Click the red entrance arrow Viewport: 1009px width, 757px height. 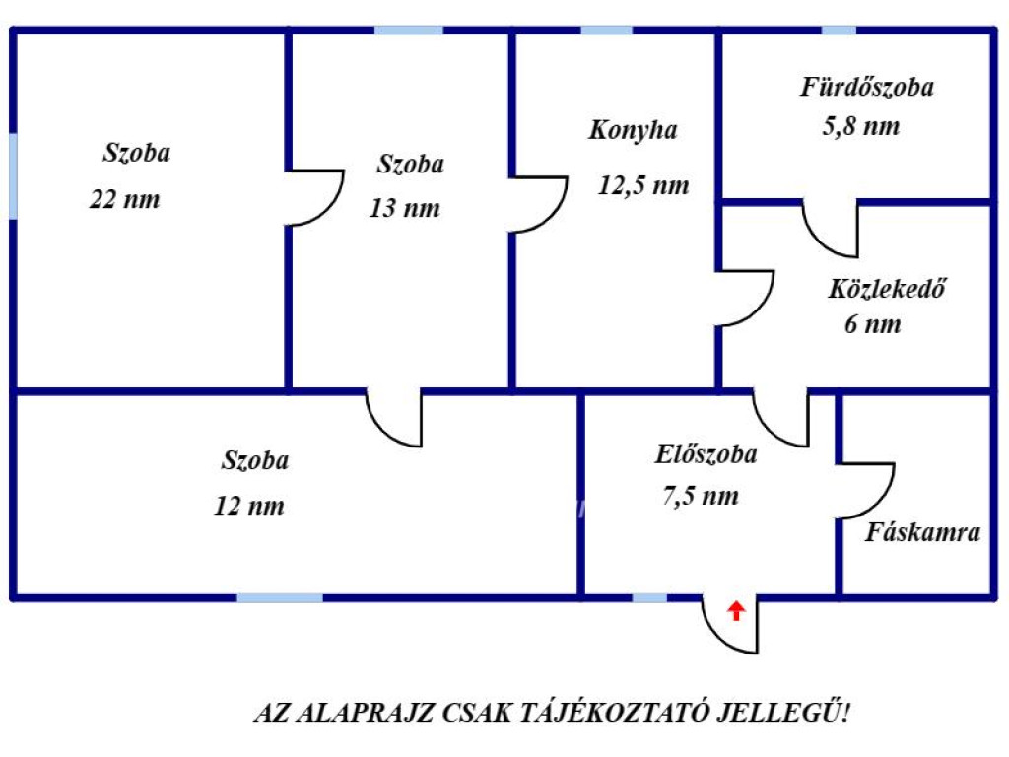[736, 610]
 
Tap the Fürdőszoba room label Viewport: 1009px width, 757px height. [867, 87]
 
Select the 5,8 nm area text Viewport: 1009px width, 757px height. [861, 126]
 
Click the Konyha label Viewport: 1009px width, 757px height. [634, 131]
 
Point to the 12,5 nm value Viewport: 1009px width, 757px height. [643, 185]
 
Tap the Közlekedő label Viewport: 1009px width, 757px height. [887, 289]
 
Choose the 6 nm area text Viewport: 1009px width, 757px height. [873, 323]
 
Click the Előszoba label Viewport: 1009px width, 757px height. [706, 454]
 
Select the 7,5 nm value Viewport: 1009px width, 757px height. [701, 496]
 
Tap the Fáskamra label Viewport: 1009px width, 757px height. [922, 532]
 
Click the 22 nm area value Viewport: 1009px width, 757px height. [124, 199]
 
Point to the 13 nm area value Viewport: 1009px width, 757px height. [405, 208]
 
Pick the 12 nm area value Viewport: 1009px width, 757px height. [249, 506]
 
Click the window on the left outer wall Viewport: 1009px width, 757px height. [13, 176]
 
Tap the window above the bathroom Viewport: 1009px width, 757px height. [839, 31]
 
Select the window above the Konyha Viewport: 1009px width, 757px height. [606, 31]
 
